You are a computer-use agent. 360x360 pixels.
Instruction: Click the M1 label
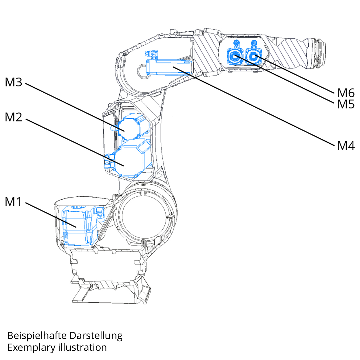click(x=13, y=202)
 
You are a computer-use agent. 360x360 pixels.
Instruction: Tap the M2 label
click(x=14, y=117)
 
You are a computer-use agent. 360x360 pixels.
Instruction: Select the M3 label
click(x=14, y=82)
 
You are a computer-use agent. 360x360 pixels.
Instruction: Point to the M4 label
click(x=346, y=146)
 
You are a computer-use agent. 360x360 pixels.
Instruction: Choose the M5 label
click(x=346, y=104)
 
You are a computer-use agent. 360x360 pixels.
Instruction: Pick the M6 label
click(x=346, y=93)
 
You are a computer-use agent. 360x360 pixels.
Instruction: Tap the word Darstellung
click(x=96, y=335)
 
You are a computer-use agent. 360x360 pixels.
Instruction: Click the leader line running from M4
click(x=260, y=108)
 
